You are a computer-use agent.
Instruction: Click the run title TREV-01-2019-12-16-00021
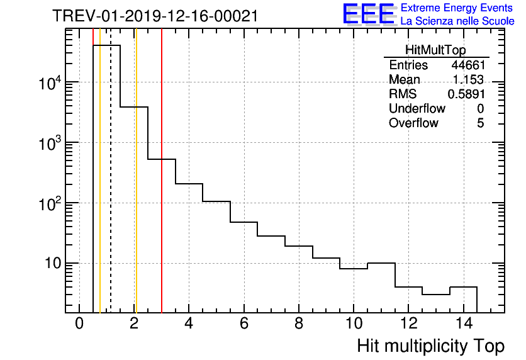[x=155, y=16]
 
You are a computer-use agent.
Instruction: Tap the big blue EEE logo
[x=369, y=14]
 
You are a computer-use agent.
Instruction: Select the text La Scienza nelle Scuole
[x=457, y=21]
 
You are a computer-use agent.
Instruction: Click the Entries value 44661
[x=467, y=65]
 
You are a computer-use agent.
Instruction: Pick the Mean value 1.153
[x=469, y=80]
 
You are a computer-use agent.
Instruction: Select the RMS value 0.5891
[x=466, y=94]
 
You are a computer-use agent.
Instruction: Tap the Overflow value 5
[x=481, y=123]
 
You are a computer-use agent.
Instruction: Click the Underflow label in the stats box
[x=417, y=109]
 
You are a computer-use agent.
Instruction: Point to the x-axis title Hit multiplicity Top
[x=430, y=346]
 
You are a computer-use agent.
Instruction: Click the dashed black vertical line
[x=111, y=189]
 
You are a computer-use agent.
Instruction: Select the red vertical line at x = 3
[x=162, y=189]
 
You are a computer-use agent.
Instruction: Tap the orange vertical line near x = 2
[x=135, y=189]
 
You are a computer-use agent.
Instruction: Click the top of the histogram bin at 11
[x=381, y=263]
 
